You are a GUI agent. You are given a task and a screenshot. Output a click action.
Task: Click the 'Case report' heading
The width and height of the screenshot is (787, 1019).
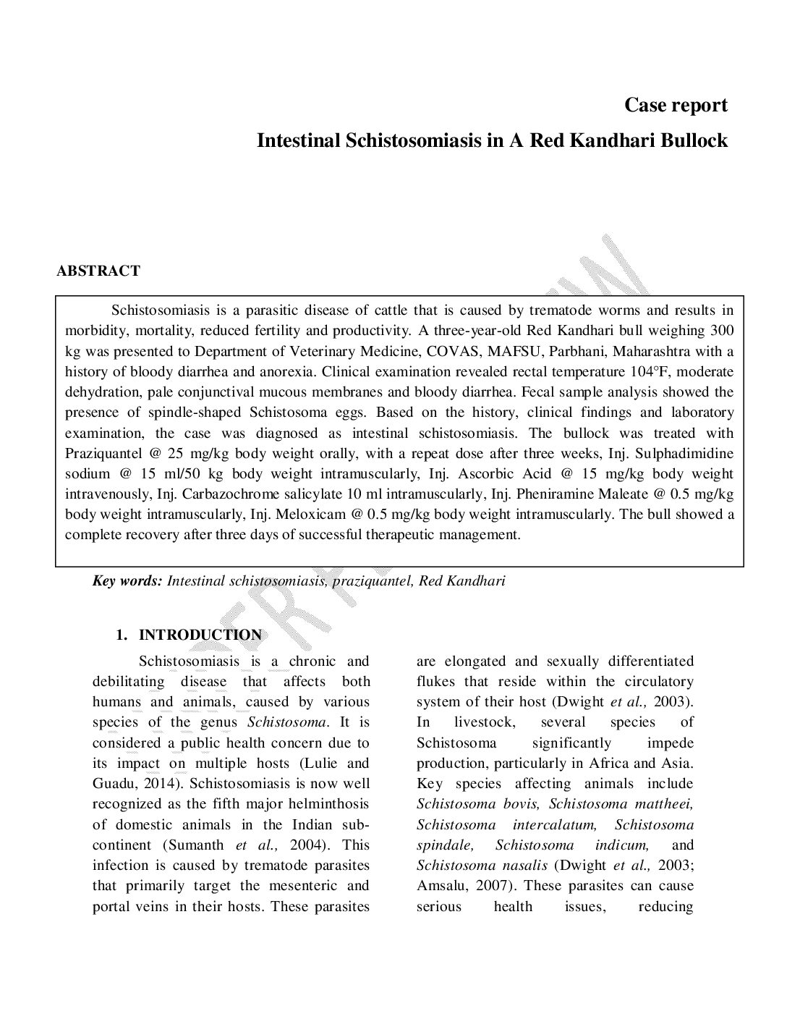[x=676, y=106]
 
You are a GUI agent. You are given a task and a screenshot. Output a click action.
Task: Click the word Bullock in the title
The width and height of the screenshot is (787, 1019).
[x=694, y=140]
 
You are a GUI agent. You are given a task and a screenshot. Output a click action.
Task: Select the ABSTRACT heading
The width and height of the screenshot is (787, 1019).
[x=98, y=271]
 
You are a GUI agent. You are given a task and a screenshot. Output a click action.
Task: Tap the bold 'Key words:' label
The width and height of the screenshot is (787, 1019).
[x=127, y=581]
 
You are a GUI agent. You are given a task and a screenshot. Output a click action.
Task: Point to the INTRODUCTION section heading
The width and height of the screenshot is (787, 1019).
[x=200, y=635]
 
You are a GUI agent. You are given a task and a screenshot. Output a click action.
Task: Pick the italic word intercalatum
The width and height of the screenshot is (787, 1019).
[x=554, y=825]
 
